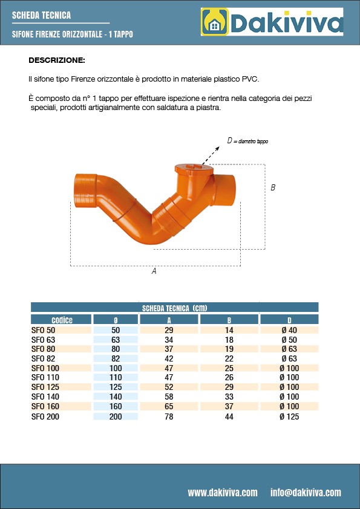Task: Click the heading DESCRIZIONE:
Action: [x=57, y=60]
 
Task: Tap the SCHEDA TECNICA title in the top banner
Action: [x=41, y=15]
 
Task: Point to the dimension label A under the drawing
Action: [x=154, y=271]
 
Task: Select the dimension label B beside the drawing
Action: [x=273, y=188]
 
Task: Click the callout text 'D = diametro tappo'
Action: [x=247, y=141]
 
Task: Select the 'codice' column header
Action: [x=62, y=320]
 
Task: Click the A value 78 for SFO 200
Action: [x=169, y=417]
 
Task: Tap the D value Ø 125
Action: [x=289, y=417]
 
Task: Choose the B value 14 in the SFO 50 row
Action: [x=229, y=330]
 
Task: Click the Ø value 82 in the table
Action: [x=116, y=358]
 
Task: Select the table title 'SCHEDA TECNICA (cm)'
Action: [x=175, y=308]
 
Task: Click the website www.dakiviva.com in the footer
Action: [x=222, y=492]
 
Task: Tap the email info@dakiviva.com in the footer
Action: [x=306, y=492]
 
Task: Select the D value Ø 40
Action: [x=289, y=330]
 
